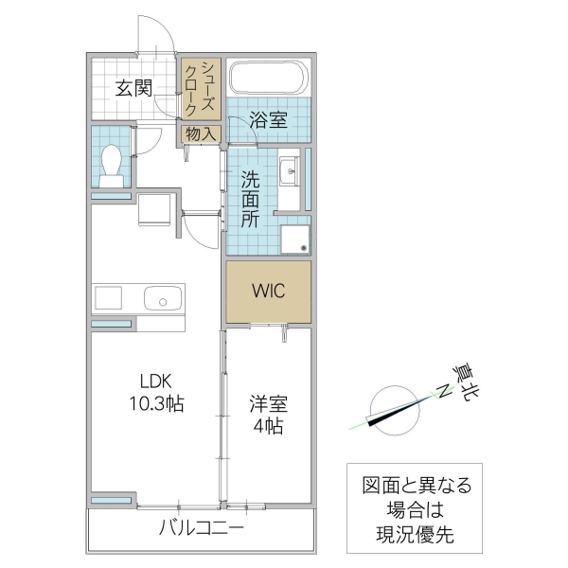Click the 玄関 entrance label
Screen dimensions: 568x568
pyautogui.click(x=134, y=89)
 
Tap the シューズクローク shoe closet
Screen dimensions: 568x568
pyautogui.click(x=201, y=89)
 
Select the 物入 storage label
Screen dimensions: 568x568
pyautogui.click(x=201, y=134)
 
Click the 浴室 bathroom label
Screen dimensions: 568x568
pyautogui.click(x=268, y=120)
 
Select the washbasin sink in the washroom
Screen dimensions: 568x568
pyautogui.click(x=289, y=173)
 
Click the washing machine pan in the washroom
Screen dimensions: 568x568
pyautogui.click(x=295, y=238)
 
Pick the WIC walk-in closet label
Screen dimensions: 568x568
pyautogui.click(x=268, y=292)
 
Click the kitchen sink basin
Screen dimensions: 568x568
pyautogui.click(x=161, y=301)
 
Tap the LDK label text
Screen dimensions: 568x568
pyautogui.click(x=153, y=382)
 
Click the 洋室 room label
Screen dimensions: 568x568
pyautogui.click(x=268, y=403)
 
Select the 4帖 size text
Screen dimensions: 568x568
pyautogui.click(x=268, y=426)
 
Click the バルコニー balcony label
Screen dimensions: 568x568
pyautogui.click(x=201, y=527)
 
